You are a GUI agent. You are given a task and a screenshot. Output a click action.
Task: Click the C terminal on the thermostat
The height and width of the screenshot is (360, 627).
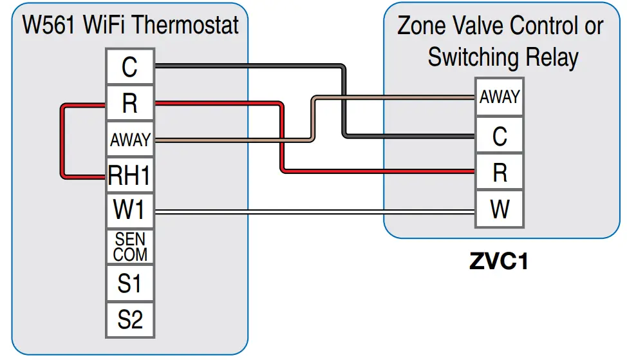pyautogui.click(x=129, y=66)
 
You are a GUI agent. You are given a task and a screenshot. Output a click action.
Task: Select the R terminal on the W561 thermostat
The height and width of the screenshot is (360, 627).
pyautogui.click(x=129, y=103)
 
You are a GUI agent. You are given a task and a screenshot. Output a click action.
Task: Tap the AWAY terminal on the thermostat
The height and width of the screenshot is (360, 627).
pyautogui.click(x=129, y=139)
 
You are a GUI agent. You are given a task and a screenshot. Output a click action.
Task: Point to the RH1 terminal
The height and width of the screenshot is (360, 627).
pyautogui.click(x=129, y=175)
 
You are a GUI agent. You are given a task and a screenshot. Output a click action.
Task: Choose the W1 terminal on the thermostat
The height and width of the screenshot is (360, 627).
pyautogui.click(x=129, y=211)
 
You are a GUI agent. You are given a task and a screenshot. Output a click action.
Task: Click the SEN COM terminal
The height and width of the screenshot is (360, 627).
pyautogui.click(x=129, y=247)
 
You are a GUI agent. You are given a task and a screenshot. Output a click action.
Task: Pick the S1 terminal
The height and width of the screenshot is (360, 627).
pyautogui.click(x=129, y=283)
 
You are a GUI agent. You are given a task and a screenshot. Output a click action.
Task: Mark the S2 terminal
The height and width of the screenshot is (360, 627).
pyautogui.click(x=129, y=319)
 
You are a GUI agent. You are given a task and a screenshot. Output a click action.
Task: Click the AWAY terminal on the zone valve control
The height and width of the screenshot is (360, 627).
pyautogui.click(x=499, y=97)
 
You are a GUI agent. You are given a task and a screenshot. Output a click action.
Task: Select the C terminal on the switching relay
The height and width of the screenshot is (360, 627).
pyautogui.click(x=499, y=136)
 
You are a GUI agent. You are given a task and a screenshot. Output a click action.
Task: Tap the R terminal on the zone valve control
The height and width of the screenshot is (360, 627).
pyautogui.click(x=499, y=173)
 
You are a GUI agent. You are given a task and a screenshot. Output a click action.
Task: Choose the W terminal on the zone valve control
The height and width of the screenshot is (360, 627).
pyautogui.click(x=499, y=210)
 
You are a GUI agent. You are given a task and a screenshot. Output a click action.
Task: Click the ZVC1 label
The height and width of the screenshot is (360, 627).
pyautogui.click(x=499, y=262)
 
